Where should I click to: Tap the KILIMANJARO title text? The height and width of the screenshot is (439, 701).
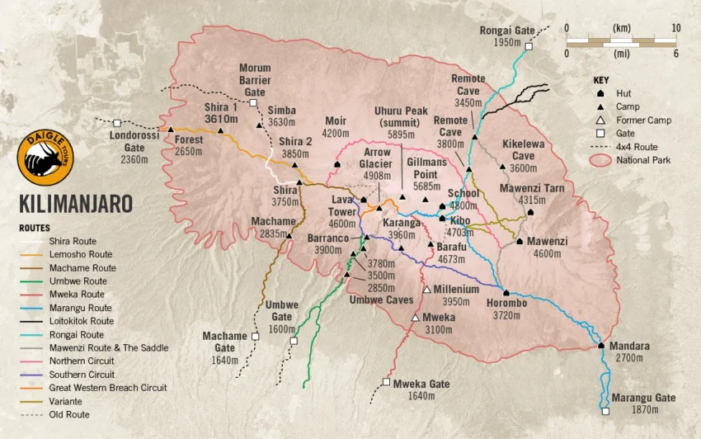point(76,204)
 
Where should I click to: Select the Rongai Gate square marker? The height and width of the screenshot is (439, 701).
point(529,47)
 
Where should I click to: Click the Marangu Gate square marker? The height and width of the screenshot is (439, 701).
point(605,411)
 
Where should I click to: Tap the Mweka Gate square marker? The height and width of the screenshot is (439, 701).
point(386,382)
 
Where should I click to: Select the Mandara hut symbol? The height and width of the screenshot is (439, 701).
point(601,346)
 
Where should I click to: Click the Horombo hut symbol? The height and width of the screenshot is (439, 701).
point(506,293)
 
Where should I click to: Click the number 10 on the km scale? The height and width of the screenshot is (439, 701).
point(675,27)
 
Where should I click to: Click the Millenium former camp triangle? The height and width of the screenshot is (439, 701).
point(426,289)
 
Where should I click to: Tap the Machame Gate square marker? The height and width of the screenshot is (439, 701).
point(255,337)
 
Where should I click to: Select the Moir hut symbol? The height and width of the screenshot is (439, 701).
point(336,166)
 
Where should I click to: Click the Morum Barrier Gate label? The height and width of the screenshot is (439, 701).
point(255,80)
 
